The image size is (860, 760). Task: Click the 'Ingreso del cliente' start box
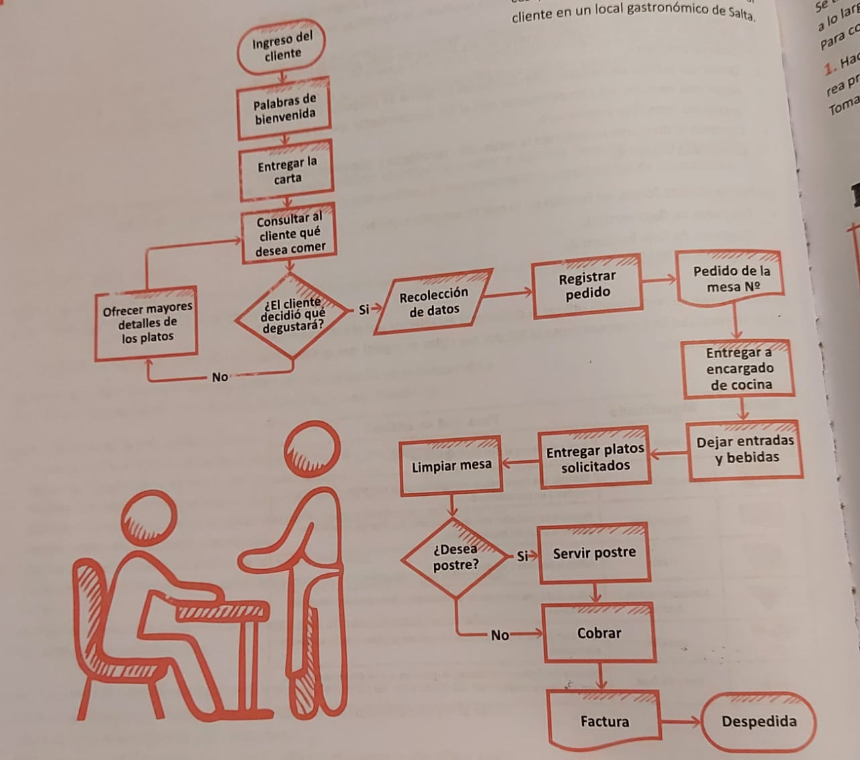point(282,48)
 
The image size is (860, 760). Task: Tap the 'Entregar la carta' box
point(287,170)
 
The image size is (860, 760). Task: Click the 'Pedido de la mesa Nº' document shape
point(731,280)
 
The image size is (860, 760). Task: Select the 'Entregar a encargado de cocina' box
point(740,369)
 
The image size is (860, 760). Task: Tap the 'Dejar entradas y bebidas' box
point(745,450)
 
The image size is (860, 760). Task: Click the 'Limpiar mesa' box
point(451,465)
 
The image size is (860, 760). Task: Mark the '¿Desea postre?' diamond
point(455,558)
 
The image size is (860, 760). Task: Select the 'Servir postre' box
point(595,553)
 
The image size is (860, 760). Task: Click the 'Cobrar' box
point(599,633)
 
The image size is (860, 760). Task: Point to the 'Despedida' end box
point(759,722)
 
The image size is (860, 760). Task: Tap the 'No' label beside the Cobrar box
point(499,635)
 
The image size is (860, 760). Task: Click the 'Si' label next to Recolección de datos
point(363,310)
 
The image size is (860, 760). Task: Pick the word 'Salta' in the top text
point(741,13)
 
